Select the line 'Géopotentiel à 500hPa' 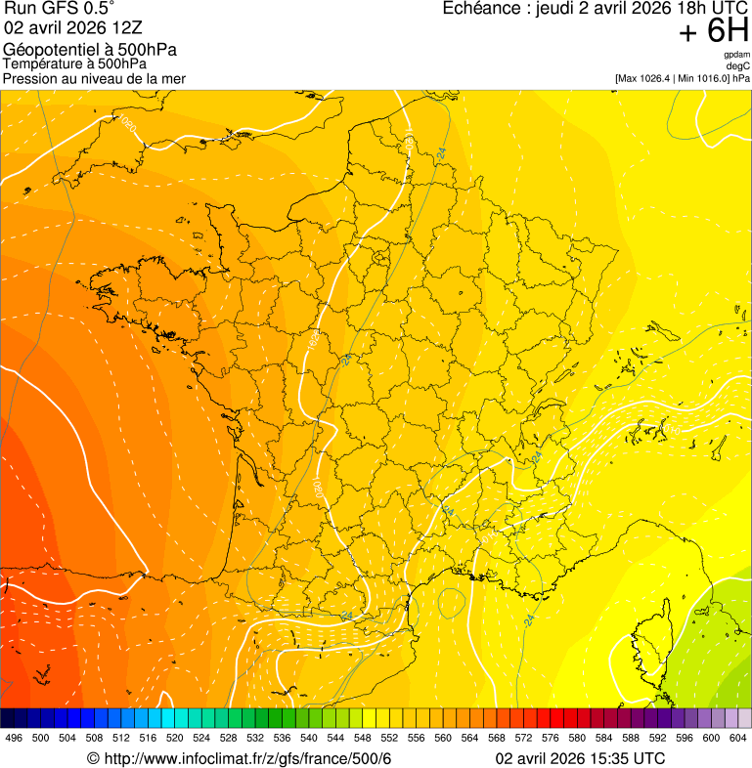(90, 50)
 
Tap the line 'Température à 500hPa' (75, 64)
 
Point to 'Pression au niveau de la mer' (94, 78)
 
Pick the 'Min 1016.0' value (698, 78)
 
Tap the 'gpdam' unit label (736, 55)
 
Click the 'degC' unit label (739, 66)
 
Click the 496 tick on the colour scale (14, 739)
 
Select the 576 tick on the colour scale (550, 739)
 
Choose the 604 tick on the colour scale (738, 739)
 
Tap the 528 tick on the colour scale (228, 739)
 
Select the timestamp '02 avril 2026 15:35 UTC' (580, 759)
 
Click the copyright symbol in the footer (93, 759)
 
